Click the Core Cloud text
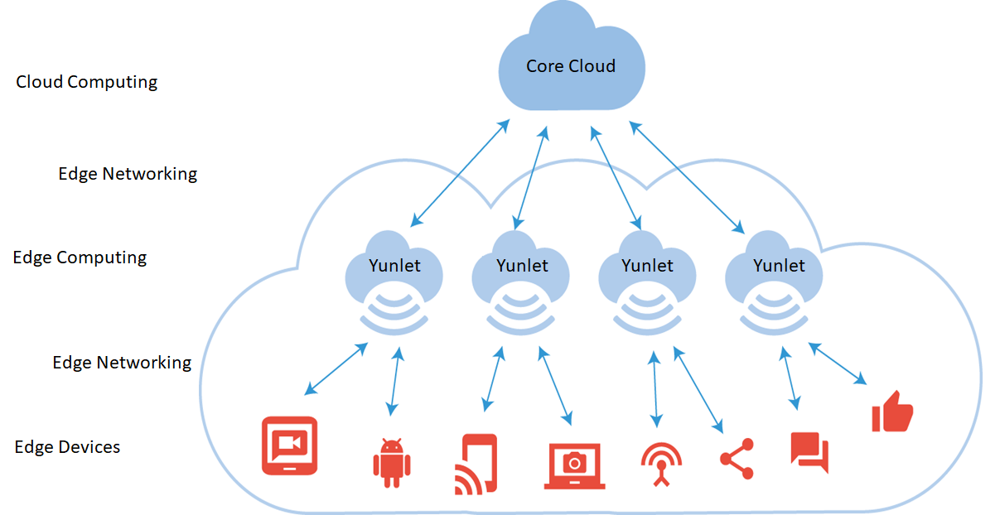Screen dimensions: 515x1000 point(571,66)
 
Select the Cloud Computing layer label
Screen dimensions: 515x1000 point(87,82)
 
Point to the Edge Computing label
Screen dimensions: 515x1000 point(80,257)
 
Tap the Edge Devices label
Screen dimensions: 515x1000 point(67,447)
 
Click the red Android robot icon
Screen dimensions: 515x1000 point(391,461)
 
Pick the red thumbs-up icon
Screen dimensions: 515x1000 point(892,412)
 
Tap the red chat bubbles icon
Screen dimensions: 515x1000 point(809,452)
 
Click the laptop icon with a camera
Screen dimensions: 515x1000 point(575,465)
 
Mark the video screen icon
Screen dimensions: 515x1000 point(289,445)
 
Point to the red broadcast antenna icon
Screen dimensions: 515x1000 point(661,464)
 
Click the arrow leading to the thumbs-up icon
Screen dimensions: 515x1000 point(838,364)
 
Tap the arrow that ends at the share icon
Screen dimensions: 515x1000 point(698,389)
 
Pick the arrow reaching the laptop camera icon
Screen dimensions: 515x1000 point(556,385)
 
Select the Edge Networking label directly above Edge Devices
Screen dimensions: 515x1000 point(122,363)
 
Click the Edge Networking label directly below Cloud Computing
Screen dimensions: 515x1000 point(128,174)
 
